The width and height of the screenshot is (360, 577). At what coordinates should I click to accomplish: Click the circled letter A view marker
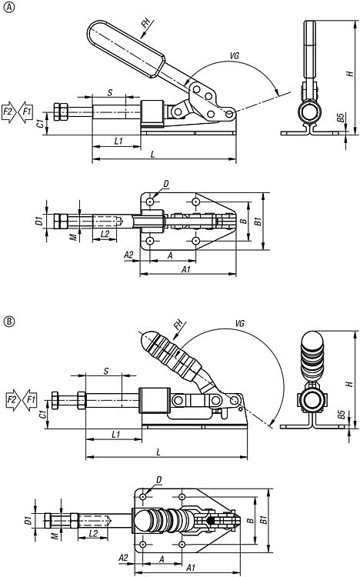tap(8, 8)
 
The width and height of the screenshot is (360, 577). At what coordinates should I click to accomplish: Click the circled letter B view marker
tap(8, 322)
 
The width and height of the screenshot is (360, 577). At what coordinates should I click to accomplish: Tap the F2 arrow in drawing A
tap(8, 111)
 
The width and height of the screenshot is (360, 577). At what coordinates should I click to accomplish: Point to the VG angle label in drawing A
tap(234, 56)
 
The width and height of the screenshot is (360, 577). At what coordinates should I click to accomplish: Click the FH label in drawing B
tap(178, 325)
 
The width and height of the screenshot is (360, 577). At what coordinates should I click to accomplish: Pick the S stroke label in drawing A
tap(110, 92)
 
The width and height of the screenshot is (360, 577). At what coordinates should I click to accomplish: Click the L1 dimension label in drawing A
tap(118, 141)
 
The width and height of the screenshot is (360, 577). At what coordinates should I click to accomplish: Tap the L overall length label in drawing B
tap(158, 452)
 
